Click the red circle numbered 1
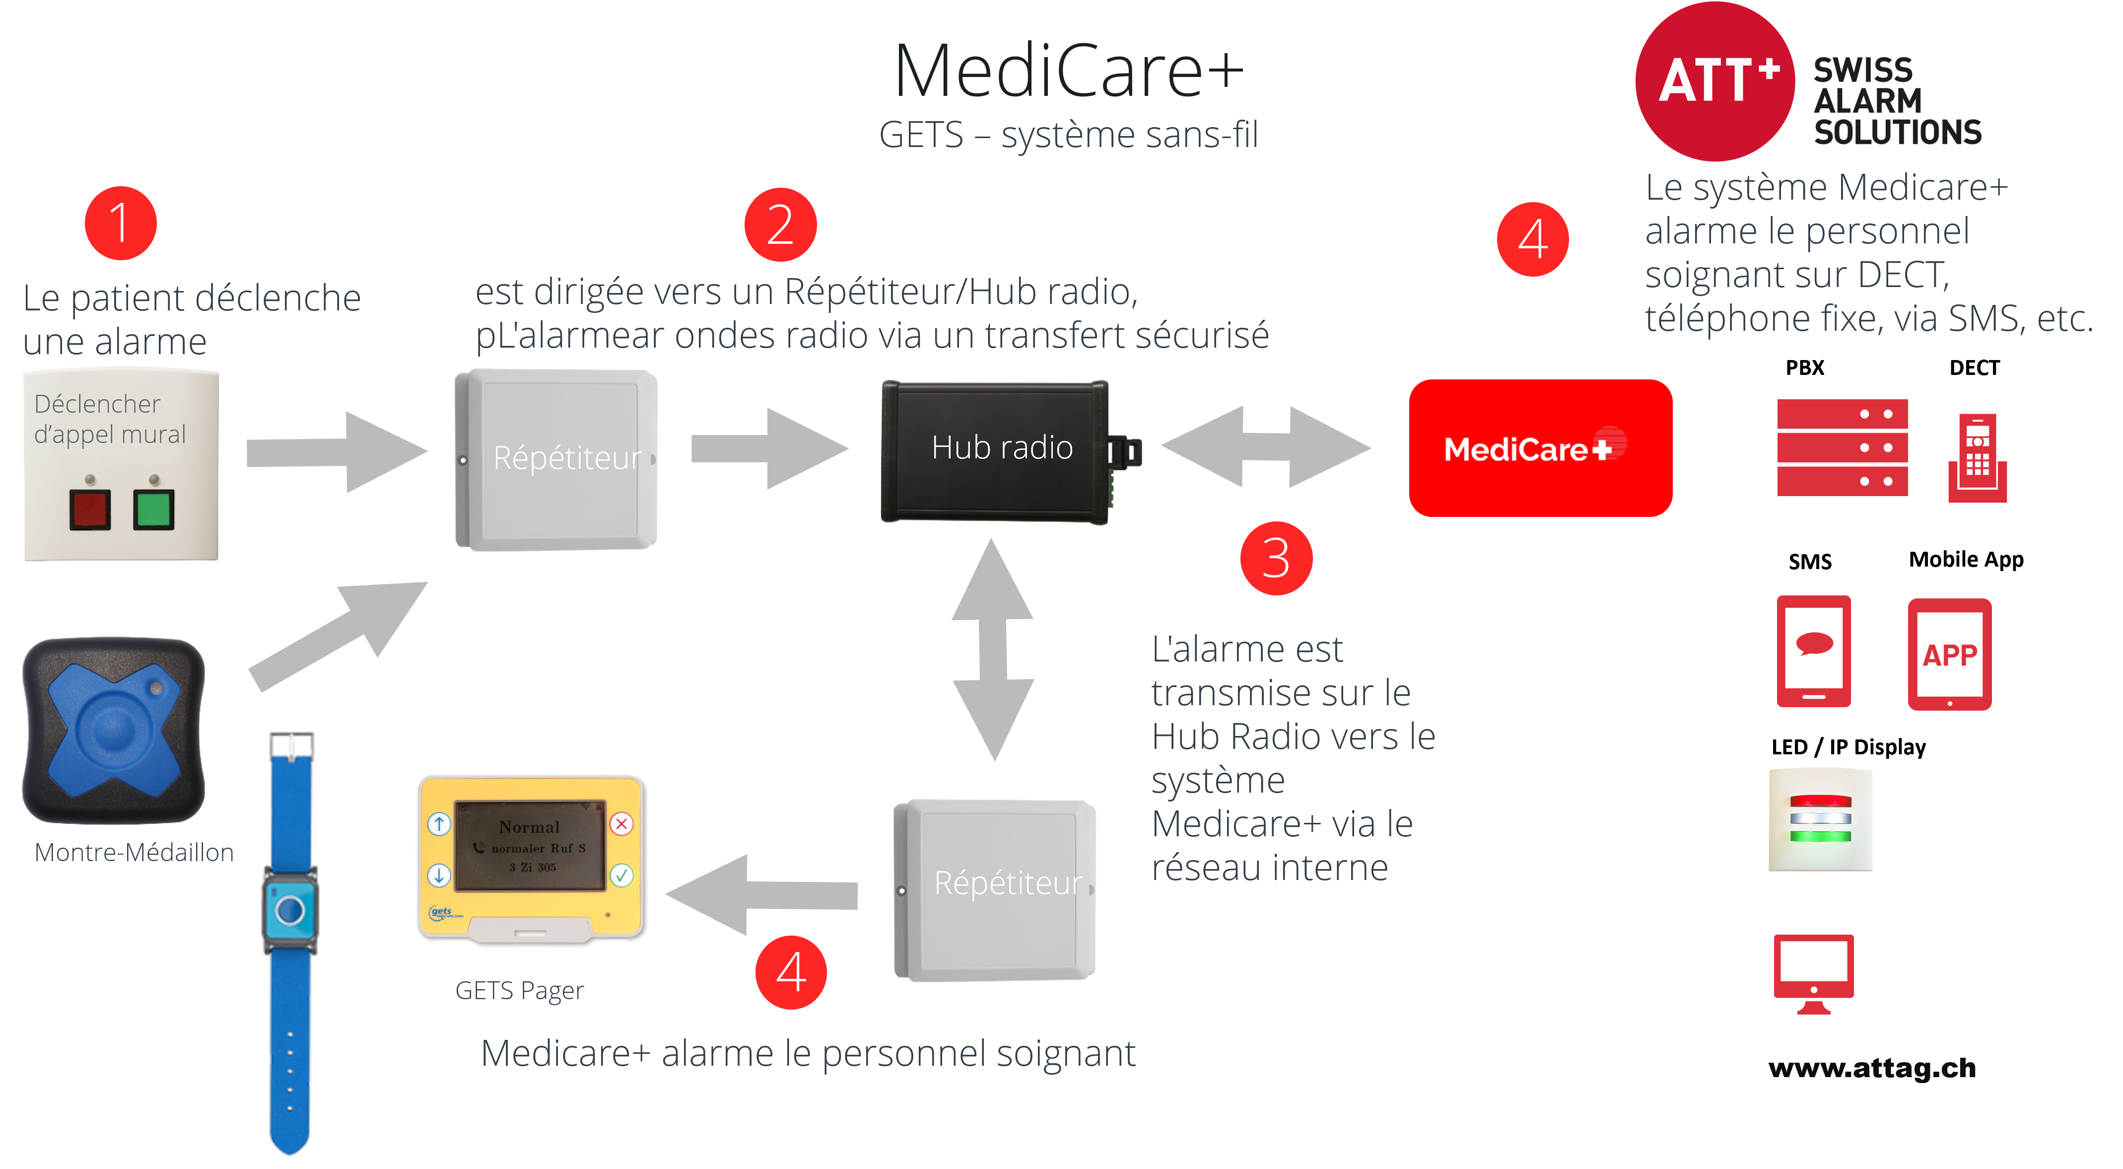point(120,223)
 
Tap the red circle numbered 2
point(780,224)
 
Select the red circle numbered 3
point(1276,558)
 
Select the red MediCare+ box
point(1540,447)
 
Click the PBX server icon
point(1842,447)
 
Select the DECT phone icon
point(1977,457)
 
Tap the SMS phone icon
point(1813,651)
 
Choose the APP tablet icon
point(1949,654)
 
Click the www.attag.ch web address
point(1872,1068)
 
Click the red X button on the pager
point(621,823)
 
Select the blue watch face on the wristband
point(290,910)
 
